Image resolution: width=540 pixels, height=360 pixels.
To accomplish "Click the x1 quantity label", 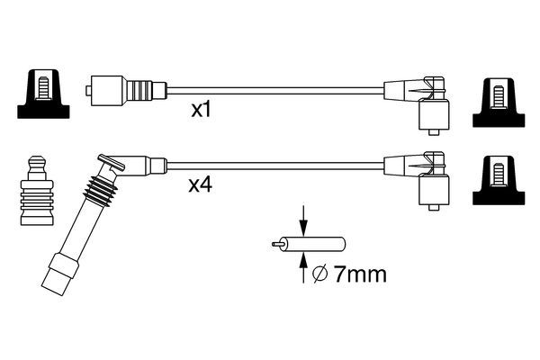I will [x=202, y=111].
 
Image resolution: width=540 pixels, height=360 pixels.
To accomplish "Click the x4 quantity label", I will [x=201, y=186].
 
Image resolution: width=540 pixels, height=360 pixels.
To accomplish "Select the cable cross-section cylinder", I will [x=322, y=243].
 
